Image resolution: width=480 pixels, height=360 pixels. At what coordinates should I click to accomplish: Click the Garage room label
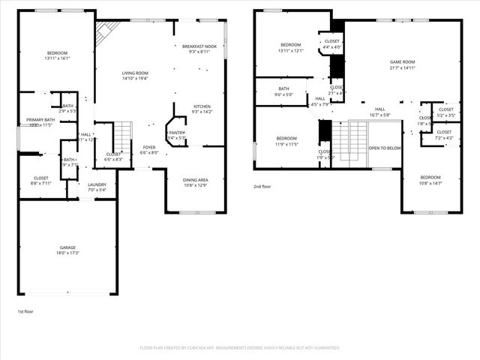coord(67,247)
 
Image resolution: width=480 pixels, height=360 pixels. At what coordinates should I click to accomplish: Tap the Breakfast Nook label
coord(199,47)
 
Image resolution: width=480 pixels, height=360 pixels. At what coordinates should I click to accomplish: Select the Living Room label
coord(135,73)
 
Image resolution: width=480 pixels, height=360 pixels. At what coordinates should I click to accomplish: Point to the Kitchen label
coord(202,106)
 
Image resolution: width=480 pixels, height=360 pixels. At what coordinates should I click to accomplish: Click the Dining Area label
coord(196,180)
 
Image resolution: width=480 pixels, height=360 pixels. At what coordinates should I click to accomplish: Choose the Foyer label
coord(150,147)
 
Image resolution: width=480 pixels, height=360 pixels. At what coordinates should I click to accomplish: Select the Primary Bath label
coord(40,120)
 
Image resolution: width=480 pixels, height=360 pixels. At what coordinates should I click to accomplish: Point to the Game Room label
coord(402,62)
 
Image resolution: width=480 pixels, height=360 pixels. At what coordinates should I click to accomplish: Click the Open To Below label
coord(385,148)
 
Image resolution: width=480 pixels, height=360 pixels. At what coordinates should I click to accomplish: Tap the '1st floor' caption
coord(25,311)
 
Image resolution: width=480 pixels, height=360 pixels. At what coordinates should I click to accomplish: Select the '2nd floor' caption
coord(262,186)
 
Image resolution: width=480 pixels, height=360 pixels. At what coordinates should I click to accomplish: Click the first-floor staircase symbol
coord(123,135)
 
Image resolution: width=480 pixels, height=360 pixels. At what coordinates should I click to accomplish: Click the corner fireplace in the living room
coord(106,31)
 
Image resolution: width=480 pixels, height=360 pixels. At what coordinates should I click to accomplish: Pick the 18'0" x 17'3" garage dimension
coord(67,253)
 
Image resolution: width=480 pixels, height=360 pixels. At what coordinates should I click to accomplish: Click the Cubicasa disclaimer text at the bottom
coord(240,348)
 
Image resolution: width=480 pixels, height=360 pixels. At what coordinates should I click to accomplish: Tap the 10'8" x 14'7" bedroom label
coord(430,180)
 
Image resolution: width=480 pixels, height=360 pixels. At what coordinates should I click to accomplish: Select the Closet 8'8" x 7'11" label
coord(40,180)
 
